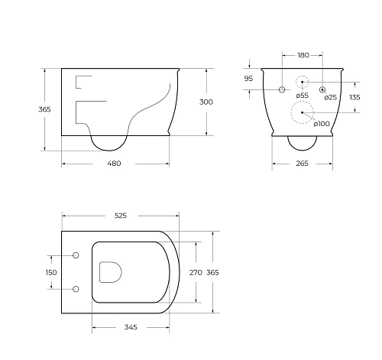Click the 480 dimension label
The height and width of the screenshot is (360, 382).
[114, 164]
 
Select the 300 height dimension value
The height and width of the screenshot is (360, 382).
[206, 102]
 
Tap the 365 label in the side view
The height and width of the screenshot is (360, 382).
[44, 109]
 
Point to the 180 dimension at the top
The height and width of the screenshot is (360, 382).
[303, 55]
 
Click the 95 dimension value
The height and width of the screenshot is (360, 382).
[248, 79]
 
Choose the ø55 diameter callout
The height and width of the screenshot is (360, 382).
[303, 96]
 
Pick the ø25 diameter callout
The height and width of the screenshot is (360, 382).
[331, 97]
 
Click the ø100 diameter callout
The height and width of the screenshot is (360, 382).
[322, 124]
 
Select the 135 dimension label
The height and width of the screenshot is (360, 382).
[354, 97]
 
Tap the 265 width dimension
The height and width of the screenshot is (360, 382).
[302, 164]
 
